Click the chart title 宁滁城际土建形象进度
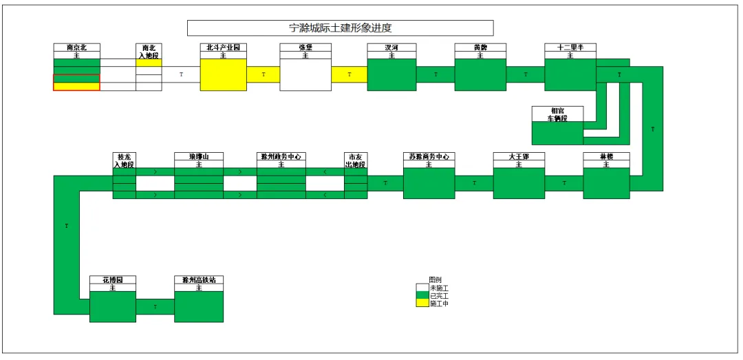[341, 28]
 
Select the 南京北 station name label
[76, 47]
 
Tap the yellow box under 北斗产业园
[223, 75]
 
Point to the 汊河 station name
[391, 47]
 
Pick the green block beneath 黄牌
[480, 75]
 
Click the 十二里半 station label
[570, 47]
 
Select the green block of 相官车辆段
[557, 133]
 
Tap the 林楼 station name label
[606, 156]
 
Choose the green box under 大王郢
[519, 183]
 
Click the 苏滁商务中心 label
[429, 156]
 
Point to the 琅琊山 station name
[198, 156]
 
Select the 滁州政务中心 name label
[281, 156]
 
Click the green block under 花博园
[113, 306]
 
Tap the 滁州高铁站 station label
[199, 279]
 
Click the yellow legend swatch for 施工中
[422, 303]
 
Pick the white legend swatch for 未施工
[422, 288]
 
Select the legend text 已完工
[439, 295]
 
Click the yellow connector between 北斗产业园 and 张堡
[263, 74]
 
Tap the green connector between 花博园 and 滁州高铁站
[155, 306]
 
